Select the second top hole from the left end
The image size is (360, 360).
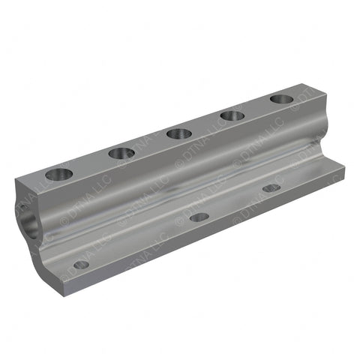tap(121, 153)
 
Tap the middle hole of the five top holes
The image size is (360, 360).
tap(178, 133)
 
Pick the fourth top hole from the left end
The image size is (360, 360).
tap(232, 115)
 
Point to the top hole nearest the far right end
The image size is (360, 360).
tap(281, 98)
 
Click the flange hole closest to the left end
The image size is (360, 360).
tap(81, 264)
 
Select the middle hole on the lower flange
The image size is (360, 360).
tap(199, 217)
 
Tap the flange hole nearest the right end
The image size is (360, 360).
tap(271, 187)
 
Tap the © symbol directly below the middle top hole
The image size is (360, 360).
tap(180, 161)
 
